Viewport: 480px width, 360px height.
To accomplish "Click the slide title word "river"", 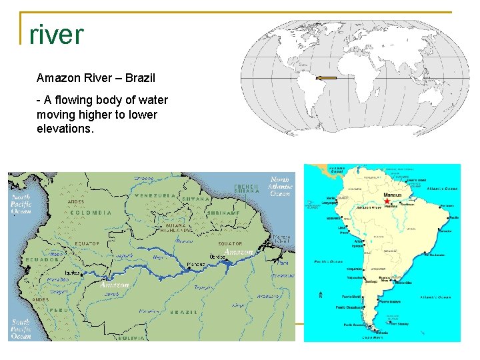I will coord(57,35).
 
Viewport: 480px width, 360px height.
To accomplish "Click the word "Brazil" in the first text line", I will coord(140,78).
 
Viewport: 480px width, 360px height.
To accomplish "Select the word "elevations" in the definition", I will coord(65,129).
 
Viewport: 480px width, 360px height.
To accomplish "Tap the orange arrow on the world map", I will coord(326,78).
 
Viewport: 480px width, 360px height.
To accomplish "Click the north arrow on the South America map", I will coord(321,293).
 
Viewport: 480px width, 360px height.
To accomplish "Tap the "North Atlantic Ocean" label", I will coord(280,187).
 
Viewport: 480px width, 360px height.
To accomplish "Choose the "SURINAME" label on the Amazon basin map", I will coord(224,213).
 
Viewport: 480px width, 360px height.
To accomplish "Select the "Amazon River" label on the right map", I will coord(369,208).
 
